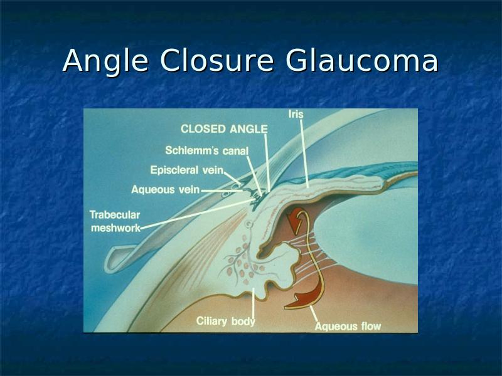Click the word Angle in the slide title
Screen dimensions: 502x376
(x=105, y=61)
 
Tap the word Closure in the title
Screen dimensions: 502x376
(x=216, y=60)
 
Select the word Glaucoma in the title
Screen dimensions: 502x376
(x=361, y=60)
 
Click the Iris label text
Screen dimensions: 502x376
(x=296, y=114)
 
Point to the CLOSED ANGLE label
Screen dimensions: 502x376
(x=224, y=129)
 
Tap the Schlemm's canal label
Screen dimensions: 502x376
(x=207, y=150)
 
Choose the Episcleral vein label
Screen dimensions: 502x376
(x=186, y=170)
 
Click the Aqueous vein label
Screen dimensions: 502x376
(x=166, y=190)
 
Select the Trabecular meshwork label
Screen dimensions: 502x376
(x=115, y=221)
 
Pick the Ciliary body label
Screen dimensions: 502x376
(x=226, y=321)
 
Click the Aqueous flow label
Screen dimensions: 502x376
(x=348, y=326)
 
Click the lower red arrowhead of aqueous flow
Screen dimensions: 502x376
(x=301, y=299)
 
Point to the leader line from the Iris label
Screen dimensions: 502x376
(x=304, y=154)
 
